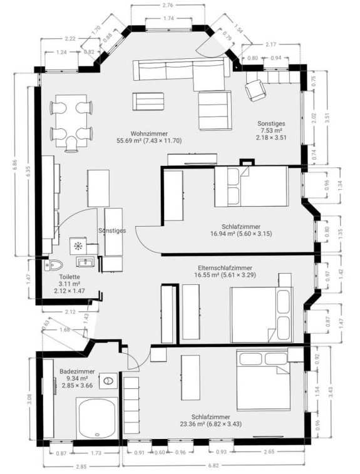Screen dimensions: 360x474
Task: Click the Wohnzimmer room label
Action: pos(149,133)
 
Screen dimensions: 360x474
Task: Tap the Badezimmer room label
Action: pos(77,371)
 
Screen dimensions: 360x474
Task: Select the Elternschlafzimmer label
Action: pos(225,268)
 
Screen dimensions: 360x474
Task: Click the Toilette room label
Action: pos(69,277)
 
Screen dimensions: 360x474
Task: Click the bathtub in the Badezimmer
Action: pos(96,418)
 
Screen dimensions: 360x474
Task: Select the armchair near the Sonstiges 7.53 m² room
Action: pos(255,89)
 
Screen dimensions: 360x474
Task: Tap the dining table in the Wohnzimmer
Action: pos(71,121)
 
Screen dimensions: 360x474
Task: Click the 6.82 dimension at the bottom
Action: pos(213,465)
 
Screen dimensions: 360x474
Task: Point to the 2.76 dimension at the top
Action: pos(168,5)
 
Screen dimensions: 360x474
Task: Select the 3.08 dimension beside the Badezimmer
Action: pos(29,399)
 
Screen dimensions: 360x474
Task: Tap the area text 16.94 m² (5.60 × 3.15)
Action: pos(241,234)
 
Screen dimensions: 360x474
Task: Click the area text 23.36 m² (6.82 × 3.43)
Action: pos(211,424)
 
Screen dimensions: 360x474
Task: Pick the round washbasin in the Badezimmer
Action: pos(108,381)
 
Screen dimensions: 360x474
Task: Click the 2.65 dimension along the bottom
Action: pos(269,451)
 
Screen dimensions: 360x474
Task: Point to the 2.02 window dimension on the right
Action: pos(313,118)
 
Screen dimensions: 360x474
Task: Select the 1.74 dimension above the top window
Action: pos(168,18)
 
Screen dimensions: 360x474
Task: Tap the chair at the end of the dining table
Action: pos(71,144)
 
